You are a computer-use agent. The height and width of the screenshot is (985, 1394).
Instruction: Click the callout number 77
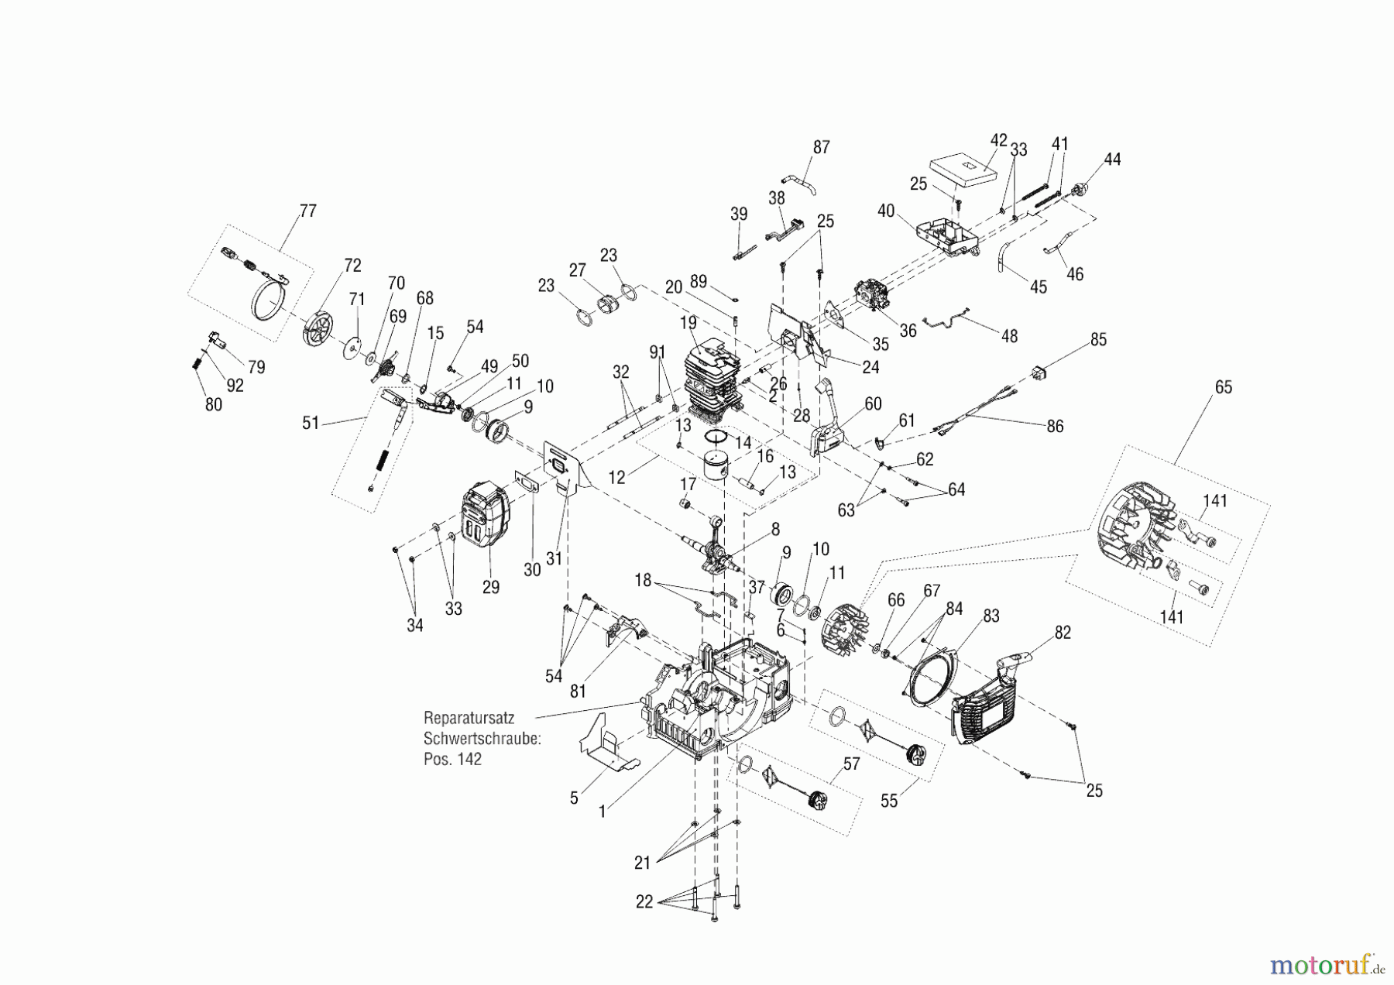[x=307, y=211]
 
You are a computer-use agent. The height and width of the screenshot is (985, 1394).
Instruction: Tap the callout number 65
[x=1223, y=387]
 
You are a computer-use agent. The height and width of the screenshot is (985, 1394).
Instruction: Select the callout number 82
[x=1063, y=633]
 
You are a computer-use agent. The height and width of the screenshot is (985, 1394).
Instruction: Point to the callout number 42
[x=999, y=141]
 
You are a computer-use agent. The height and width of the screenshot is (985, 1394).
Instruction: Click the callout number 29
[x=490, y=587]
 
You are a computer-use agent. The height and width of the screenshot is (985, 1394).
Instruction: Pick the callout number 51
[x=311, y=423]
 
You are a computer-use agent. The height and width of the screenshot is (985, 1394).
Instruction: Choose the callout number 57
[x=851, y=764]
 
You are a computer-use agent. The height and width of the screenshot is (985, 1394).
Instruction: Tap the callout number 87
[x=821, y=147]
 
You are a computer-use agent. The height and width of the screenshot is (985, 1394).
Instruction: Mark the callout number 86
[x=1055, y=426]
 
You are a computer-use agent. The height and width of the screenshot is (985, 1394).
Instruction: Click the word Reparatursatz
[x=469, y=718]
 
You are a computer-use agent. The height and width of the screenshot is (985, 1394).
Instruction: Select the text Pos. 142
[x=452, y=759]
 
